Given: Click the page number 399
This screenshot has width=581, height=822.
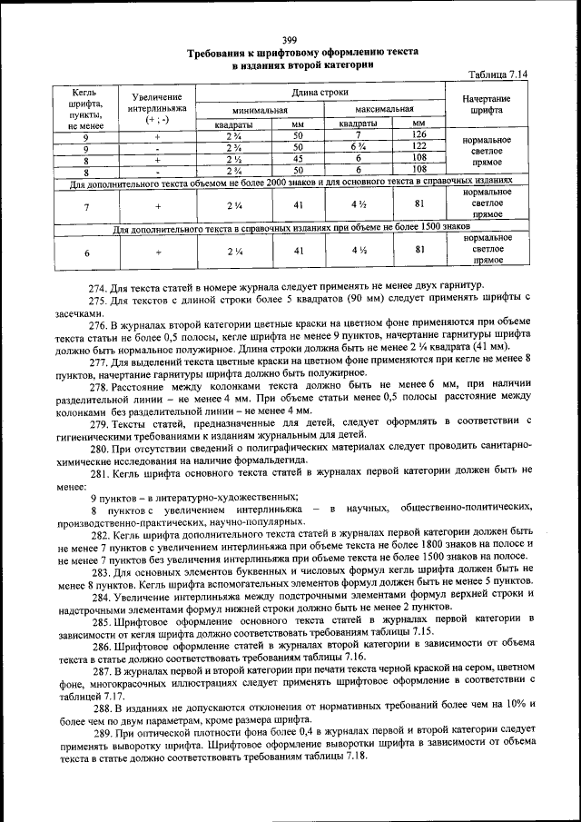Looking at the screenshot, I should [290, 39].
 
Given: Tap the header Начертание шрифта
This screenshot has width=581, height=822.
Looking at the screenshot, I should [486, 104].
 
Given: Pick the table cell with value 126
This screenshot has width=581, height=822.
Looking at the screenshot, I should [419, 134].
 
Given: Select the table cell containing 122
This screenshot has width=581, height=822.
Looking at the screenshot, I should [419, 146].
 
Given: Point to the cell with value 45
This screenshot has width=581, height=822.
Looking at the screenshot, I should [298, 157].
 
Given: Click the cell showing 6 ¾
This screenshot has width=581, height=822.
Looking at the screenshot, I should [359, 146].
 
